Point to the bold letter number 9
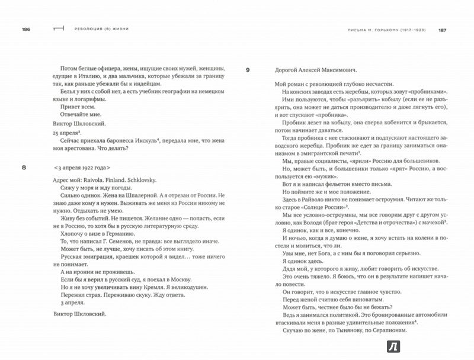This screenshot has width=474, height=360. [248, 70]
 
